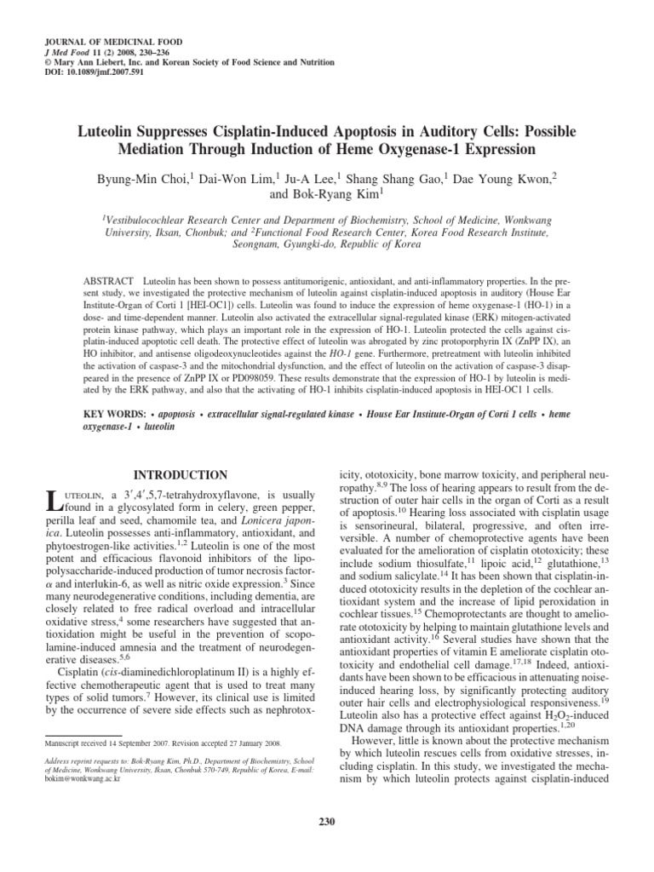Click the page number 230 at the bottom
[x=327, y=821]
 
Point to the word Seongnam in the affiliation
[x=259, y=243]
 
